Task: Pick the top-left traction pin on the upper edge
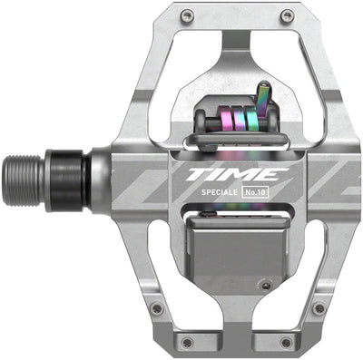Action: [x=186, y=15]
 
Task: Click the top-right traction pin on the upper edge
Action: [x=287, y=15]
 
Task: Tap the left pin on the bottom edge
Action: [x=187, y=342]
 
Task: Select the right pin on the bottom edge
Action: [x=289, y=342]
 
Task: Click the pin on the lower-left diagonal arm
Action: [x=156, y=309]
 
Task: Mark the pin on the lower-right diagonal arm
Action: [x=319, y=309]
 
